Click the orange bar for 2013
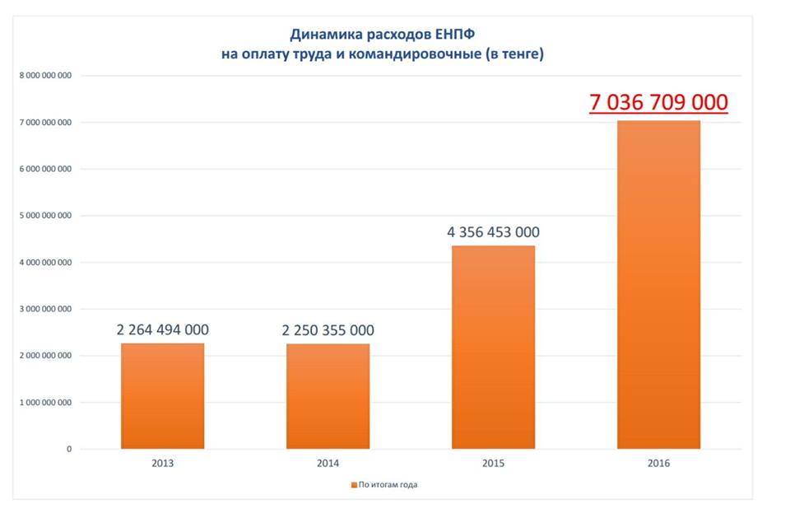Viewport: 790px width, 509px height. coord(162,395)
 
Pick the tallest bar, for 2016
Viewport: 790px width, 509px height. coord(658,284)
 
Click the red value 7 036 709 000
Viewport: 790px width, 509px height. coord(658,102)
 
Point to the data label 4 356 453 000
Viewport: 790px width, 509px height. coord(493,232)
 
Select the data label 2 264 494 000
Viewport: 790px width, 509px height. coord(162,330)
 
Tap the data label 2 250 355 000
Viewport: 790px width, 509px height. coord(328,330)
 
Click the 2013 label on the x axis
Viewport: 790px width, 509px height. coord(162,464)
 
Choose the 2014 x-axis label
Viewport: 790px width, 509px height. coord(328,464)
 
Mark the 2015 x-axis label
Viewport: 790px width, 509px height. coord(493,464)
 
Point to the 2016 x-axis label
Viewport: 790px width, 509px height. coord(658,464)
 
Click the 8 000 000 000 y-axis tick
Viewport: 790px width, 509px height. coord(46,76)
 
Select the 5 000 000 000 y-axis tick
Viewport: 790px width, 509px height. coord(46,216)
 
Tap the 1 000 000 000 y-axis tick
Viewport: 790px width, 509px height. coord(46,403)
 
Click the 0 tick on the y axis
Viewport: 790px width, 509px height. coord(69,450)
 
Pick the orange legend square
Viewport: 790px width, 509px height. coord(353,485)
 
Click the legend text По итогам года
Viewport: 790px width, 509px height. coord(388,485)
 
